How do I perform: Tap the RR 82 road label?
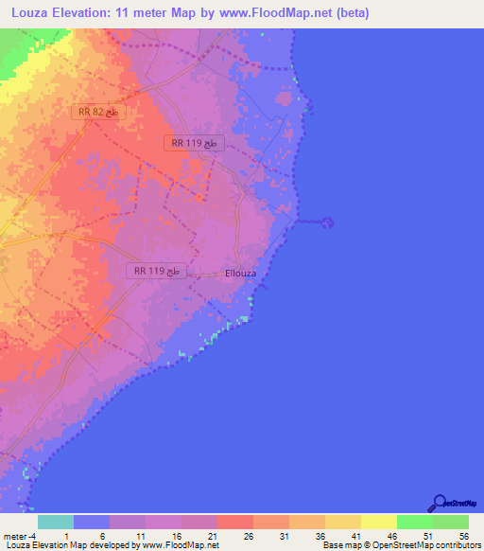pyautogui.click(x=98, y=112)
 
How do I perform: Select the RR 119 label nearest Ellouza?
pyautogui.click(x=157, y=271)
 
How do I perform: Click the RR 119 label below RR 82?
pyautogui.click(x=196, y=143)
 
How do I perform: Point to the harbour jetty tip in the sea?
pyautogui.click(x=327, y=223)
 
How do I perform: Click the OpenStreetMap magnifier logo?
pyautogui.click(x=438, y=502)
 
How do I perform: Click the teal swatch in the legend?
pyautogui.click(x=56, y=522)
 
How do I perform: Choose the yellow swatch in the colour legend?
pyautogui.click(x=378, y=522)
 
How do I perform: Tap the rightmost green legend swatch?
pyautogui.click(x=450, y=522)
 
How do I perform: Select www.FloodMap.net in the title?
pyautogui.click(x=273, y=13)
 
